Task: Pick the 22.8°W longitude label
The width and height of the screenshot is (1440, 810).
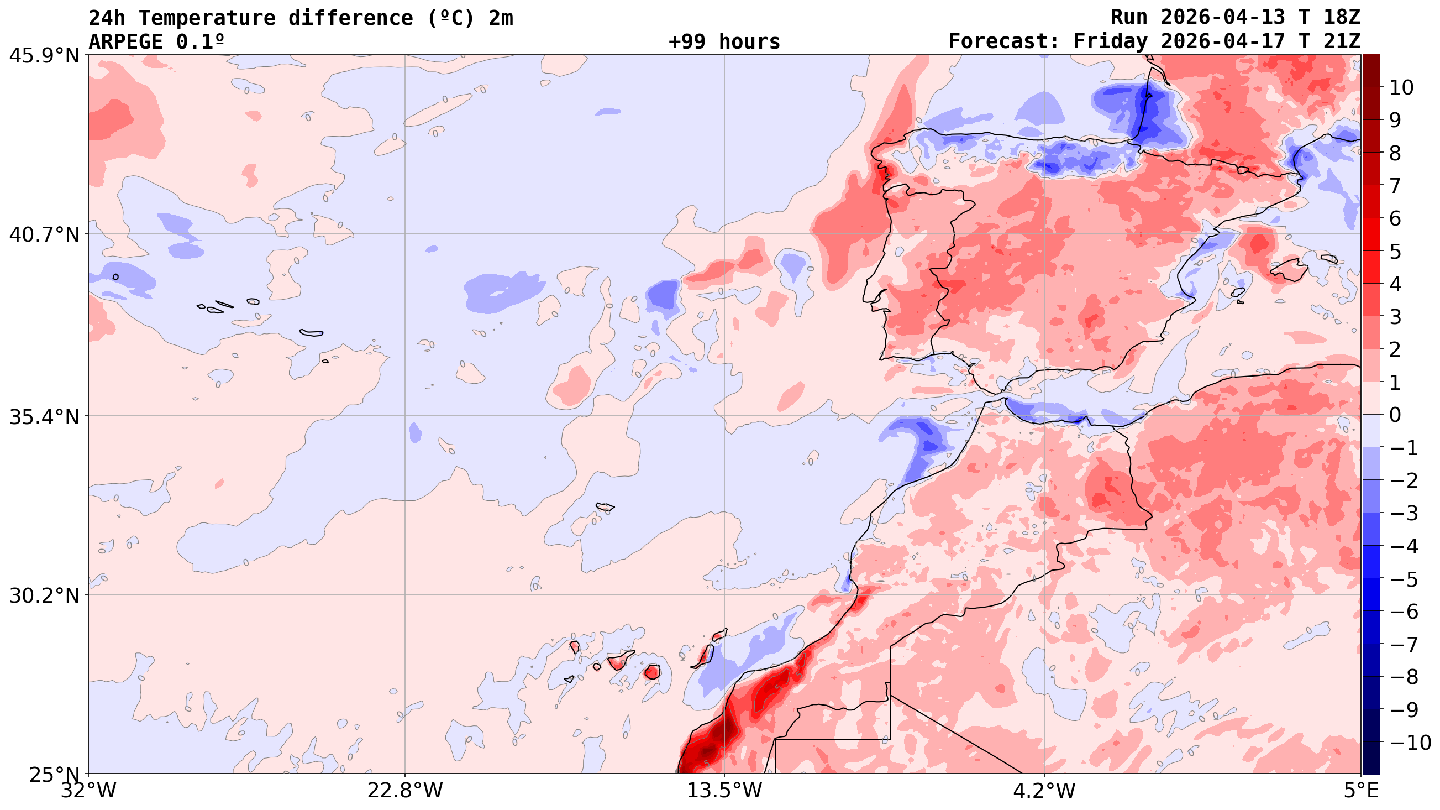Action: [404, 791]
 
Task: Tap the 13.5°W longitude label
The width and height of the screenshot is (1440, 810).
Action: [724, 791]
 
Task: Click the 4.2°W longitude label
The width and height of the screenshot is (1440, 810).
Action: [1044, 791]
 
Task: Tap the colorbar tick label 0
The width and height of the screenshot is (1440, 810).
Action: [1395, 416]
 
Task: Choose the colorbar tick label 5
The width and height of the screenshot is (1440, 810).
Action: [1395, 252]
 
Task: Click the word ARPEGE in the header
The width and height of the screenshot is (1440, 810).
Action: [126, 42]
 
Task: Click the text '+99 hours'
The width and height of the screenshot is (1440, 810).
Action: [724, 42]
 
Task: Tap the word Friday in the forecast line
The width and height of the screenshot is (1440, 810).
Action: [1110, 42]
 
